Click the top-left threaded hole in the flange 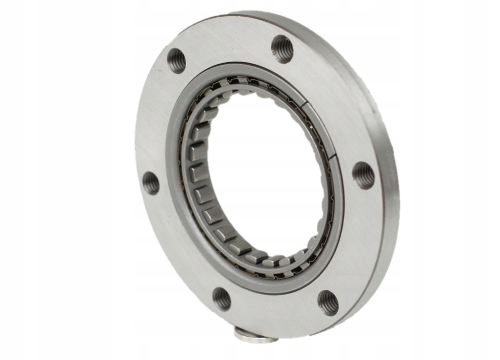tap(176, 61)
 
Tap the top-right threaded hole tap(282, 49)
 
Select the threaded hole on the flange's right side tap(363, 175)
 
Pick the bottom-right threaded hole tap(327, 302)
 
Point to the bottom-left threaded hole tap(222, 298)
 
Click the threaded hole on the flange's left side tap(151, 183)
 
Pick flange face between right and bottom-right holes tap(354, 243)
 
